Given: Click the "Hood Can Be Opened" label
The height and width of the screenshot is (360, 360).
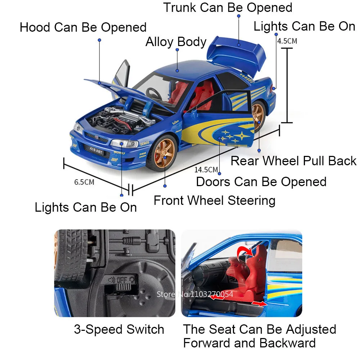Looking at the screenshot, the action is [83, 27].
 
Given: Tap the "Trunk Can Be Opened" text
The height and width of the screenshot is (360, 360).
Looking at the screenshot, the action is [228, 7].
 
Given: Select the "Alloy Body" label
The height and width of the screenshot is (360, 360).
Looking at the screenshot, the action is [176, 42].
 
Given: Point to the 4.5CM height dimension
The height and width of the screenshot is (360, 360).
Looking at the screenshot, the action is [287, 41].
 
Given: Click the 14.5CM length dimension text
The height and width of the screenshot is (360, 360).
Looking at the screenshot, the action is [206, 170].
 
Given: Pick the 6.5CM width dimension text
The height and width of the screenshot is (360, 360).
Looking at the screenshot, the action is [84, 182].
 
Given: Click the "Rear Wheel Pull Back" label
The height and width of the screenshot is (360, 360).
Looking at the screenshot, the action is [293, 161].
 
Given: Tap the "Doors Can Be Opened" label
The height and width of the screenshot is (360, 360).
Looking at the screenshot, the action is [261, 182].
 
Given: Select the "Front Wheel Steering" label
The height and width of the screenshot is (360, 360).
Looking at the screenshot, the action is [215, 200].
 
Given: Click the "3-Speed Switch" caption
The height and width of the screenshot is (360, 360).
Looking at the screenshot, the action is [119, 329].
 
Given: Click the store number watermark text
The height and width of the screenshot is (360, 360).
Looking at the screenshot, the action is [195, 294].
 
